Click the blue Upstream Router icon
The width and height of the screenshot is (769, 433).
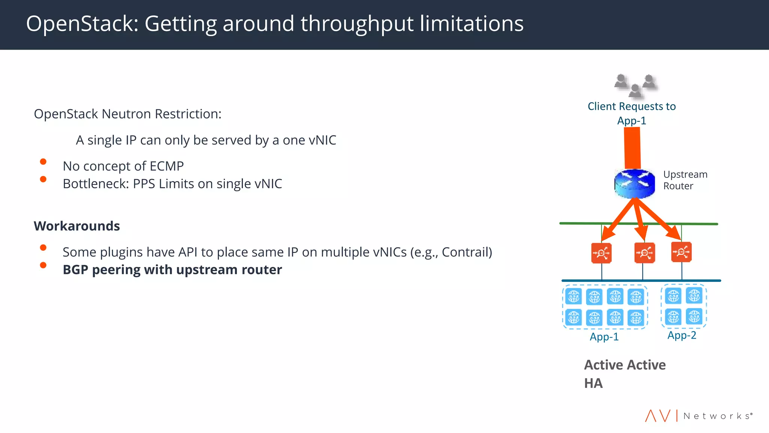(x=635, y=184)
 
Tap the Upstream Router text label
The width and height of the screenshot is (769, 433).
(x=685, y=180)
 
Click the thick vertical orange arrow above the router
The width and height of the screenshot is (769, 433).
(x=632, y=148)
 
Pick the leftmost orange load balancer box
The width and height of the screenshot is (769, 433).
(x=601, y=253)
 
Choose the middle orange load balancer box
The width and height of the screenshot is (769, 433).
(x=644, y=253)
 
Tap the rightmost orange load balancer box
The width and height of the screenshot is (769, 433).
(x=681, y=252)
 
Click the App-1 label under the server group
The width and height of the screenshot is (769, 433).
(x=604, y=337)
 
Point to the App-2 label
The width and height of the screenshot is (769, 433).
(x=682, y=335)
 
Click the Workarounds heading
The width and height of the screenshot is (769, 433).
(x=77, y=226)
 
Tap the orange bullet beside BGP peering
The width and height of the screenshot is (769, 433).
(x=43, y=265)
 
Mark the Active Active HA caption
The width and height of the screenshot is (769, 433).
(x=624, y=374)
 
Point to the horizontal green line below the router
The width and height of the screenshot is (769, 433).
(x=582, y=223)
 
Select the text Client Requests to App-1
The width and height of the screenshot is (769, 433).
(x=632, y=113)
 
